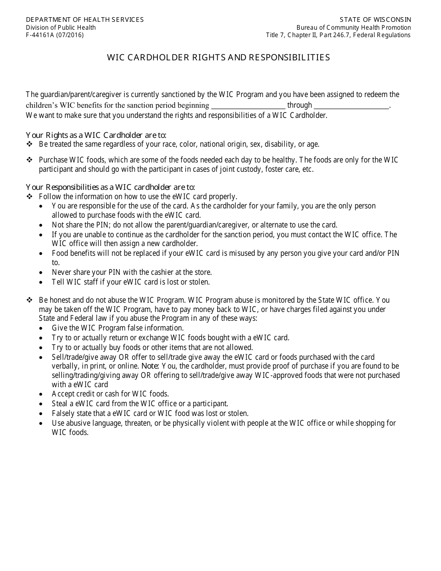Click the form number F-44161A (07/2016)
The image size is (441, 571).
coord(55,35)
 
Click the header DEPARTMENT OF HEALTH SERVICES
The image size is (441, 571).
coord(84,19)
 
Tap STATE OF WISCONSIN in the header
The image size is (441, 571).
coord(375,19)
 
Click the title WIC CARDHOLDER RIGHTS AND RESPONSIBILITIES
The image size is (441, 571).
coord(219,58)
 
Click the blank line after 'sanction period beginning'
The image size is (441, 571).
coord(248,106)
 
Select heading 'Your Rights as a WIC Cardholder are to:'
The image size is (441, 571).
coord(96,135)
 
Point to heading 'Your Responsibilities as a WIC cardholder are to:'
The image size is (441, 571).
coord(110,187)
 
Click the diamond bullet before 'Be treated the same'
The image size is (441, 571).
coord(29,144)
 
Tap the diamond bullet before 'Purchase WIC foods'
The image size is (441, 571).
coord(29,160)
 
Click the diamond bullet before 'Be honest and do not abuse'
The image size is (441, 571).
coord(29,300)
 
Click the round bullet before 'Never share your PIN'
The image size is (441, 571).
coord(42,273)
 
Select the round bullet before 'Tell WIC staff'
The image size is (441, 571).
coord(42,282)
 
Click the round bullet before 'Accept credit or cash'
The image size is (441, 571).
coord(42,394)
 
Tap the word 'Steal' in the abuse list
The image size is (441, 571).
coord(60,403)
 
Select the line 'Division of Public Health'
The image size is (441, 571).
coord(61,27)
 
